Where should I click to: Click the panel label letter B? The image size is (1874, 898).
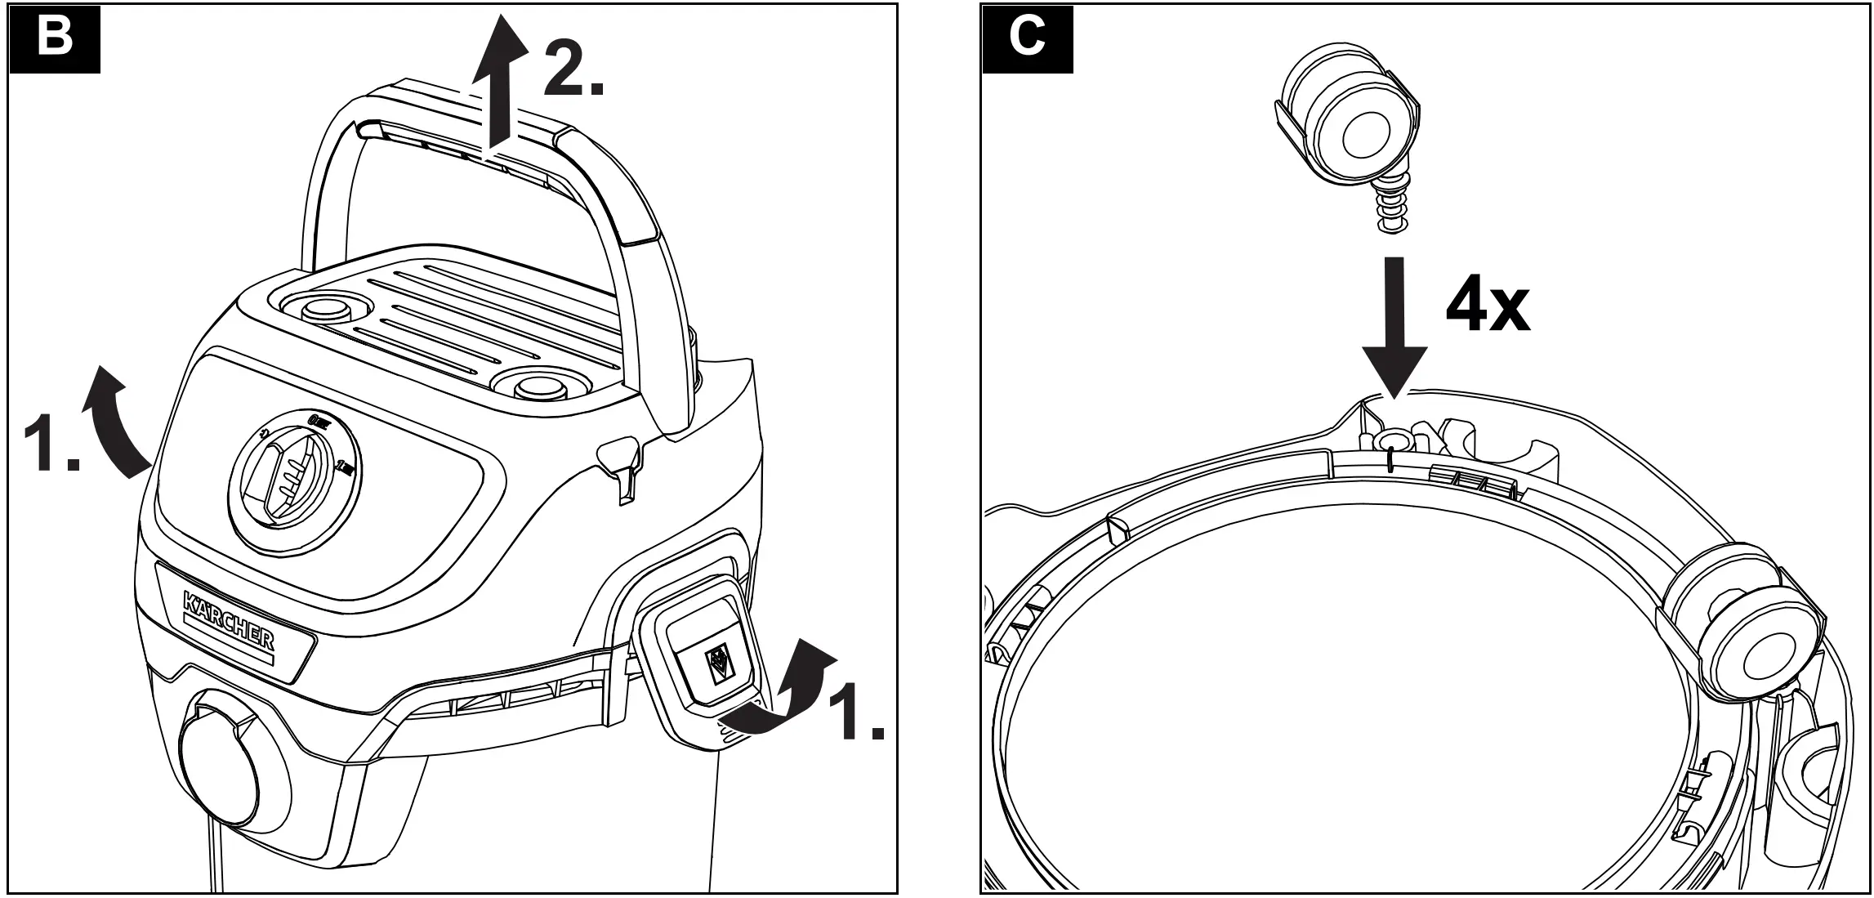55,38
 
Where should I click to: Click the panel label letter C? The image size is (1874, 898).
1027,38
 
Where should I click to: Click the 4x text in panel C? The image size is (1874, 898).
1487,308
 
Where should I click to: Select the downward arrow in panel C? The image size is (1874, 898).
1394,327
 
